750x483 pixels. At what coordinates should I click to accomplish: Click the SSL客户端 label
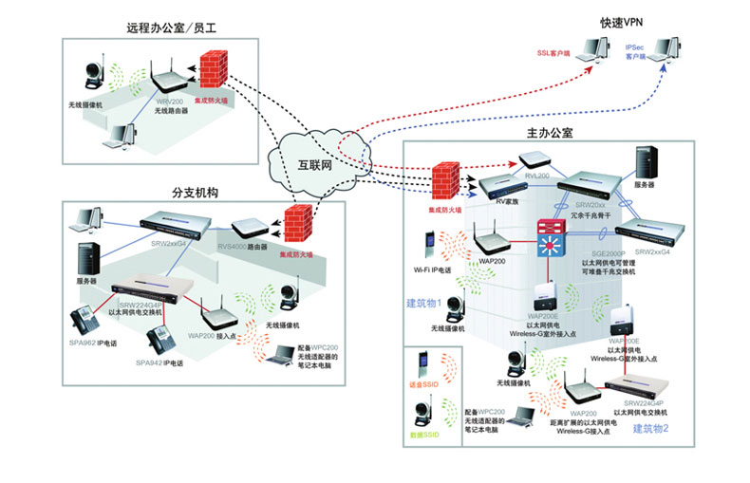point(557,53)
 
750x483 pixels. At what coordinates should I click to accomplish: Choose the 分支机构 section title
point(196,192)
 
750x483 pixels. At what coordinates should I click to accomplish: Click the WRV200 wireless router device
point(169,78)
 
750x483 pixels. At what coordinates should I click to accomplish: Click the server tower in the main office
point(649,164)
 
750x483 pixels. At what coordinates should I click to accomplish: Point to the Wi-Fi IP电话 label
point(434,270)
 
